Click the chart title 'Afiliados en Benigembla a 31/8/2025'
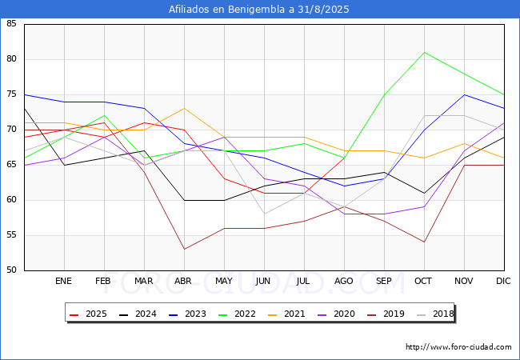coord(258,9)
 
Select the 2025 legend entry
coord(88,314)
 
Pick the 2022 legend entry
coord(237,314)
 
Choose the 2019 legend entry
coord(386,314)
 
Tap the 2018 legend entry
coord(435,314)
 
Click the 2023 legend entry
coord(187,314)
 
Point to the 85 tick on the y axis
coord(11,23)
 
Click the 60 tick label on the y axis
coord(11,199)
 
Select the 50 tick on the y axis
coord(11,270)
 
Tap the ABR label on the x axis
coord(183,281)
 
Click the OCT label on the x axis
coord(423,281)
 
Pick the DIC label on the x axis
coord(503,281)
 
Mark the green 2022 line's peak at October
coord(425,52)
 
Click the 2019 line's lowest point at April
coord(184,249)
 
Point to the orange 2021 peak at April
coord(184,108)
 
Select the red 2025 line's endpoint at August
coord(344,158)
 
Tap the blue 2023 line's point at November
coord(464,94)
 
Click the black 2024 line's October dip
coord(425,193)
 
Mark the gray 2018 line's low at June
coord(264,214)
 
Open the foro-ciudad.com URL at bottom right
coord(458,347)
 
